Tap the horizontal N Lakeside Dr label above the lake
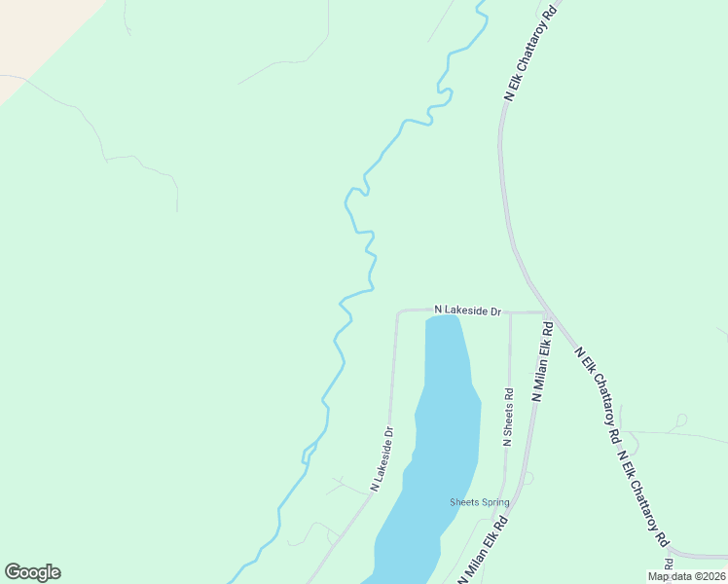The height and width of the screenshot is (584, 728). coord(467,310)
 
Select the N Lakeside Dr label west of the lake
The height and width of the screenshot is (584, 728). coord(382,459)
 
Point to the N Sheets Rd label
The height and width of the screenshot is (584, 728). coord(507,418)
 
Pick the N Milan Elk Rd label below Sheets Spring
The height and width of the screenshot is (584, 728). coord(484,551)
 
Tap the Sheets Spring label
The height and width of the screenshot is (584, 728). coord(479,502)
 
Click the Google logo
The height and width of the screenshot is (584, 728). coord(32,572)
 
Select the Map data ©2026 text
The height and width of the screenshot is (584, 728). coord(686,576)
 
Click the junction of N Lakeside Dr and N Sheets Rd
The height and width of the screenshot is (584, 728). coord(510,312)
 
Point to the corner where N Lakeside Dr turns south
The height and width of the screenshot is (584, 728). coord(398,313)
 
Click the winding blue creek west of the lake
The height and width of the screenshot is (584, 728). coord(336,350)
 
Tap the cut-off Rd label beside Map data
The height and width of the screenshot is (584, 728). coord(669,564)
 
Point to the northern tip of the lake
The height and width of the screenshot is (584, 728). coord(443,317)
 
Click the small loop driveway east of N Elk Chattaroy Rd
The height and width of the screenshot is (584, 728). coord(681,420)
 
